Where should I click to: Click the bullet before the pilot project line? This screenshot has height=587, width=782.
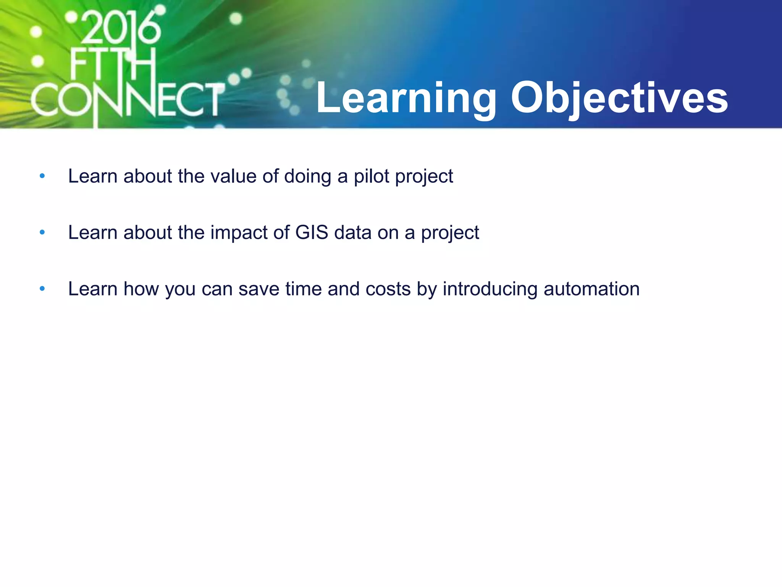coord(42,176)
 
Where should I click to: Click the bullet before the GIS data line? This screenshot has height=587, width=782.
coord(42,232)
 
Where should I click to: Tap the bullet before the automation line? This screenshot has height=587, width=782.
coord(42,289)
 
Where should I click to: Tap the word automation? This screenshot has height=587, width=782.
coord(591,289)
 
